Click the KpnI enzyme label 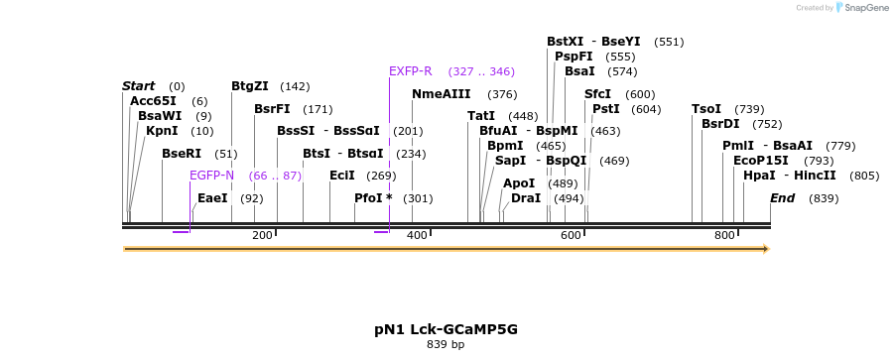(x=162, y=131)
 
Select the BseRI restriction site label (x=182, y=154)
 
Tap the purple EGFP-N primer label (x=212, y=176)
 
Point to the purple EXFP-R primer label (x=411, y=71)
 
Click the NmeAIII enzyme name (x=442, y=94)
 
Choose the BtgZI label (x=250, y=86)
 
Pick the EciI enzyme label (x=342, y=176)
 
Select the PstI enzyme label (x=605, y=109)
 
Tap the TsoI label (x=706, y=109)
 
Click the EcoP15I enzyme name (x=761, y=161)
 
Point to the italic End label (x=783, y=198)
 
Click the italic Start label (x=139, y=86)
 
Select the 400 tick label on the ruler (x=417, y=235)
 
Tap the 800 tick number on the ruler (x=725, y=235)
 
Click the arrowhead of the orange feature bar (x=764, y=249)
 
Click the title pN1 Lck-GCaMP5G (x=446, y=328)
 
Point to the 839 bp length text (x=446, y=345)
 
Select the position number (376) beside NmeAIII (x=502, y=94)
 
